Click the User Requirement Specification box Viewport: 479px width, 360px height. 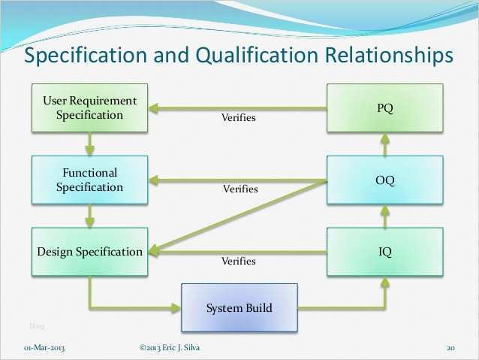click(x=89, y=107)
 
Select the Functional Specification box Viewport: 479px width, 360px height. click(x=89, y=180)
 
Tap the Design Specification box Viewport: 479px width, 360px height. click(x=89, y=252)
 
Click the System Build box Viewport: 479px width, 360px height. click(x=239, y=307)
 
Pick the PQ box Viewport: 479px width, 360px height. click(x=384, y=108)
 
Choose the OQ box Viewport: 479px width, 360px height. click(x=384, y=180)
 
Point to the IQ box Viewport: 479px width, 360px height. click(x=384, y=252)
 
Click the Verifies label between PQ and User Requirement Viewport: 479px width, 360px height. click(x=238, y=118)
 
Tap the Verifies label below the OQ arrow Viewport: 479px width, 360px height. click(x=240, y=189)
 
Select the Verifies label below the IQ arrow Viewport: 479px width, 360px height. click(x=238, y=262)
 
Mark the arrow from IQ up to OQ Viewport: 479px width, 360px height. click(x=384, y=216)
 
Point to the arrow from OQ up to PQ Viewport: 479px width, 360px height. click(x=384, y=144)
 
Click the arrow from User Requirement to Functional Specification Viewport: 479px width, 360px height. click(x=89, y=144)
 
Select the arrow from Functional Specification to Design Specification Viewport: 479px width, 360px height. click(x=89, y=216)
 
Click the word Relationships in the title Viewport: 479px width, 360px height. click(x=390, y=56)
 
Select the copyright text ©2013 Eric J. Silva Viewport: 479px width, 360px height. click(x=170, y=347)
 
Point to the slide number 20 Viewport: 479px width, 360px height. click(x=451, y=347)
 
